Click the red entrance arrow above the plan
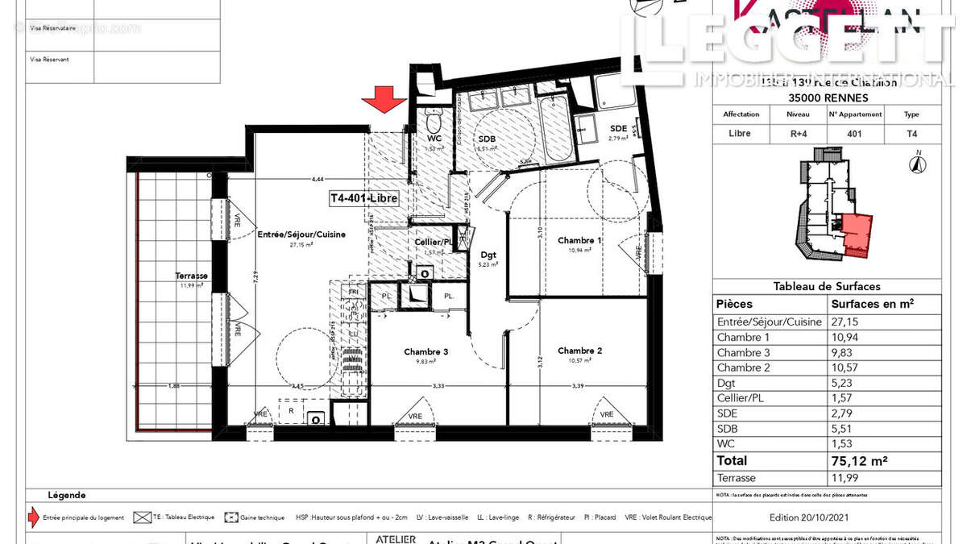(x=384, y=101)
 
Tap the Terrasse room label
(x=192, y=276)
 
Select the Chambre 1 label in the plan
(x=579, y=240)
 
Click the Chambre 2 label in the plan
(x=579, y=351)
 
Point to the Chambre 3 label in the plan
(x=426, y=351)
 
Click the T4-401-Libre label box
(x=363, y=197)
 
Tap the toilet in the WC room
(x=434, y=123)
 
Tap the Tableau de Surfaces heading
(x=827, y=286)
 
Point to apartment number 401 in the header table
(x=855, y=133)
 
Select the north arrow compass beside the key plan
(x=916, y=164)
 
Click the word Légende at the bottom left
(x=66, y=495)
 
